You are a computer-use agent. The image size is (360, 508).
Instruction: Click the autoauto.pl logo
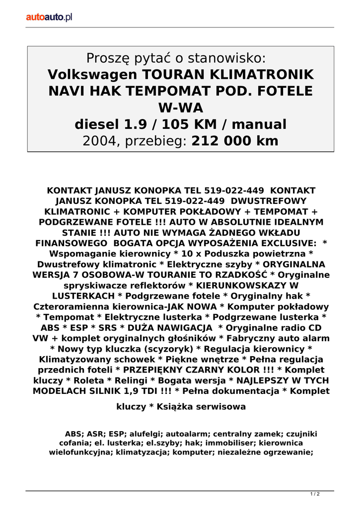pos(49,17)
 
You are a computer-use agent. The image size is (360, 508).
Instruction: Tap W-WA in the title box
pos(180,107)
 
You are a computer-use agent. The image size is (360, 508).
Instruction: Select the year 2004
pos(101,141)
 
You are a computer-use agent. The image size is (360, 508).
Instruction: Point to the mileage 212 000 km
pos(235,141)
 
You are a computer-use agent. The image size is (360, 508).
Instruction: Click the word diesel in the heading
pos(97,124)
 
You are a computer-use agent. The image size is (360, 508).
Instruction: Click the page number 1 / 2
pos(315,494)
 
